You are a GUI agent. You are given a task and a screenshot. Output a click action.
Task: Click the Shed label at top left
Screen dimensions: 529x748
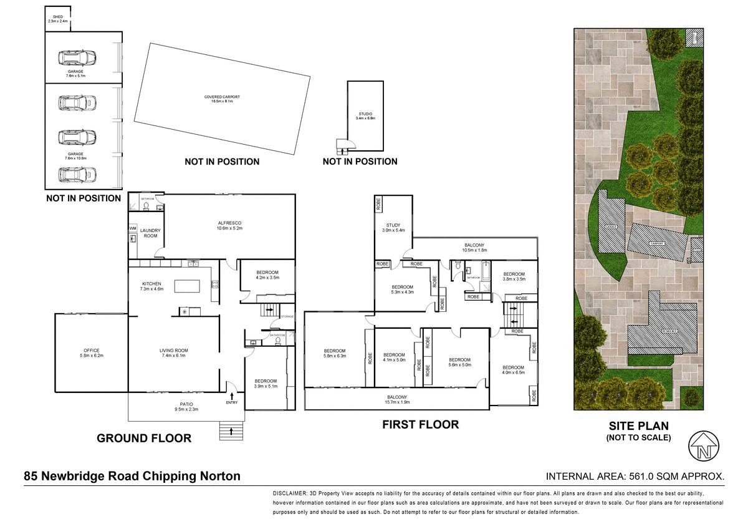coord(57,19)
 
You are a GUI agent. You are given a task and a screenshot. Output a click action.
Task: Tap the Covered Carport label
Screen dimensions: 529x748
coord(222,99)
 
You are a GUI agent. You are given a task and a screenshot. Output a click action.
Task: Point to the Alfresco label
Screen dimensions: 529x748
coord(229,225)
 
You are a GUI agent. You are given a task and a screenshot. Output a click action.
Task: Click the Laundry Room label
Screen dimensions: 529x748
coord(150,233)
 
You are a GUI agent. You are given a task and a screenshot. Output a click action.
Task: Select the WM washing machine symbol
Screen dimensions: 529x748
coord(133,229)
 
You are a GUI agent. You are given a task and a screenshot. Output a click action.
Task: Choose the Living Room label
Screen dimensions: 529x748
coord(173,352)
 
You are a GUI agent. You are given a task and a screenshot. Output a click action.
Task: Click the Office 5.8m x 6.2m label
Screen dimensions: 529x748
coord(92,352)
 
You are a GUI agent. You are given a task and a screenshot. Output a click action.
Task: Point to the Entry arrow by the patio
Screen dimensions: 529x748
coord(233,396)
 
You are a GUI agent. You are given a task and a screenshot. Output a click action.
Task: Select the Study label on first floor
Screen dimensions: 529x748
coord(393,227)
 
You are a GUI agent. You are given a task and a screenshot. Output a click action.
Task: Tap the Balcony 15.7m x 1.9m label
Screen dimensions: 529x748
coord(397,399)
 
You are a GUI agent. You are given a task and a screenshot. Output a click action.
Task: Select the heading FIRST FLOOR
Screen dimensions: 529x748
coord(420,425)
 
